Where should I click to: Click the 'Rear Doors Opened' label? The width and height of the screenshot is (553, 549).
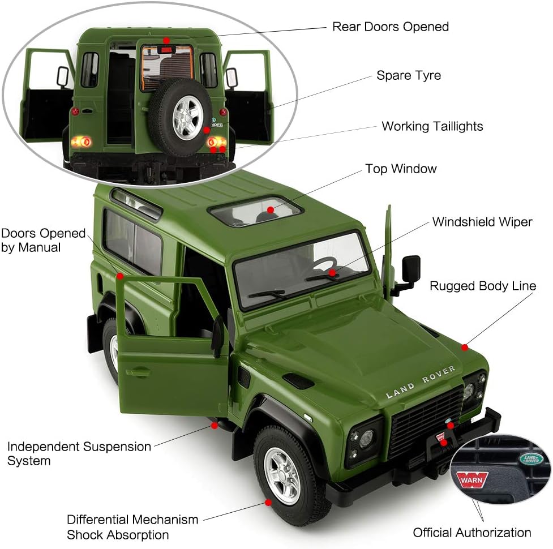tap(390, 27)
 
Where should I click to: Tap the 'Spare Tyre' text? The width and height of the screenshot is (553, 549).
tap(408, 75)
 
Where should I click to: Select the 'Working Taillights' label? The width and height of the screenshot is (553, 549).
tap(432, 126)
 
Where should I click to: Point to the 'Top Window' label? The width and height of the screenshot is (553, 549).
tap(401, 169)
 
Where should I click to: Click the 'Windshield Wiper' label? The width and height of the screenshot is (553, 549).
tap(482, 222)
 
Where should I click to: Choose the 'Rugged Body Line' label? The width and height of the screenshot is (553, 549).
tap(482, 286)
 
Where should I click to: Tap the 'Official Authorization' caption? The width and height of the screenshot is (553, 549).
tap(471, 532)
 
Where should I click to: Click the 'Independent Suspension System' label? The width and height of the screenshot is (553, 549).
tap(79, 453)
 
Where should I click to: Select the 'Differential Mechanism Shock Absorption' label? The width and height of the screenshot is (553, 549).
tap(132, 526)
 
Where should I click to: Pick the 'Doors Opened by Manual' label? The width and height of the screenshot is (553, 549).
tap(43, 240)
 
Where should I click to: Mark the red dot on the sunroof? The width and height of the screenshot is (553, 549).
tap(271, 210)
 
